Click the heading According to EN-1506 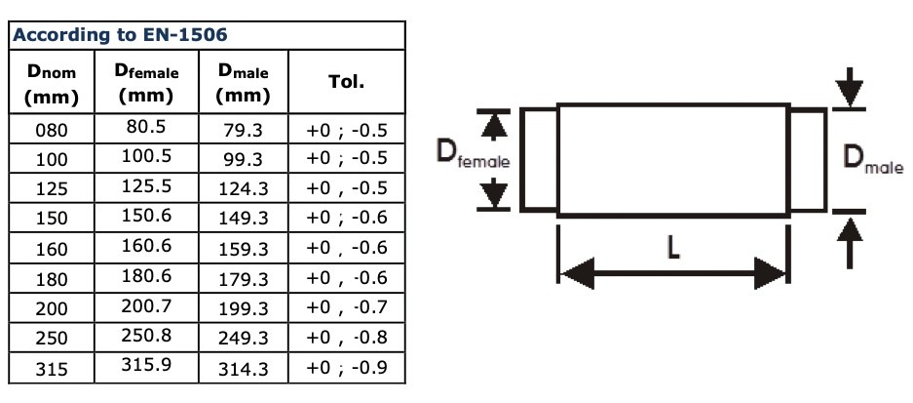(x=120, y=36)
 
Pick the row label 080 (x=51, y=129)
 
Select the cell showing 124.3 (x=244, y=187)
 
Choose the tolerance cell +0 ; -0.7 (x=347, y=308)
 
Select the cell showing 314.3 (x=244, y=369)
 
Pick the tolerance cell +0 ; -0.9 (x=347, y=369)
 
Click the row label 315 (x=51, y=369)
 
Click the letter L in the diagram (x=672, y=249)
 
